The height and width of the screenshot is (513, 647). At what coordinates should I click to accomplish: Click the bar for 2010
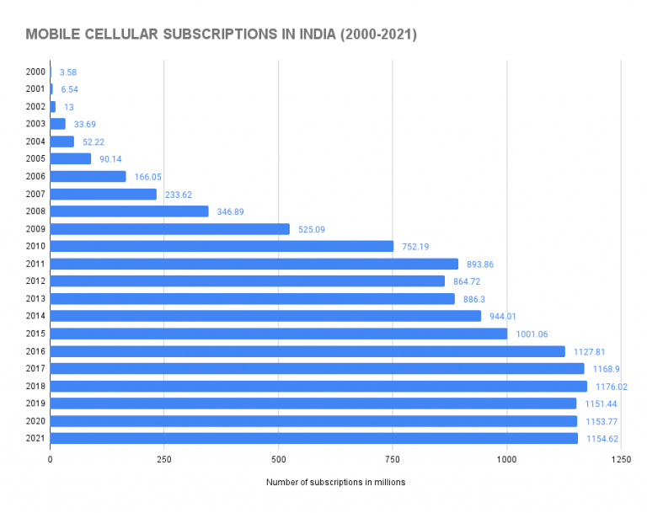[x=222, y=246]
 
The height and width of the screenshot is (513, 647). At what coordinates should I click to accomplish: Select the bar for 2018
[x=318, y=386]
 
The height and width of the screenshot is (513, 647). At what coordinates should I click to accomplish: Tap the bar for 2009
[x=170, y=229]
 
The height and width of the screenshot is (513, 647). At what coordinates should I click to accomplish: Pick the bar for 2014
[x=265, y=316]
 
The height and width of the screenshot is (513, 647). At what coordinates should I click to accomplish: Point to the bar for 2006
[x=88, y=177]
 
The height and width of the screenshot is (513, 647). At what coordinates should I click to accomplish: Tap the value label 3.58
[x=68, y=72]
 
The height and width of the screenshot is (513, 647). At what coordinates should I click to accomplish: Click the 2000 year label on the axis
[x=36, y=72]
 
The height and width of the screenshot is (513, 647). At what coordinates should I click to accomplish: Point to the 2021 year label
[x=36, y=438]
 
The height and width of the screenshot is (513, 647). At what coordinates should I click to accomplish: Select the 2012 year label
[x=36, y=281]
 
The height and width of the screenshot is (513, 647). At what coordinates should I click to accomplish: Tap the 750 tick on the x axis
[x=392, y=460]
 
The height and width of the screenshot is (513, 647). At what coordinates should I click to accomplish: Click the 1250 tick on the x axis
[x=620, y=460]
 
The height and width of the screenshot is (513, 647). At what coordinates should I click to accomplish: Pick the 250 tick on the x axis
[x=163, y=460]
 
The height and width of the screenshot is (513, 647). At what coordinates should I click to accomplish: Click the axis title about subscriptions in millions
[x=335, y=483]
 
